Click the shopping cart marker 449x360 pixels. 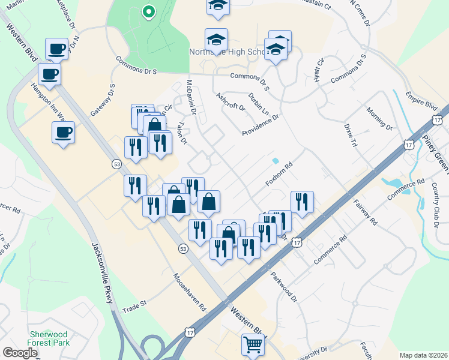click(253, 344)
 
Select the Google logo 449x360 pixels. click(20, 353)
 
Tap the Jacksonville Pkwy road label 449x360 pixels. click(102, 273)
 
